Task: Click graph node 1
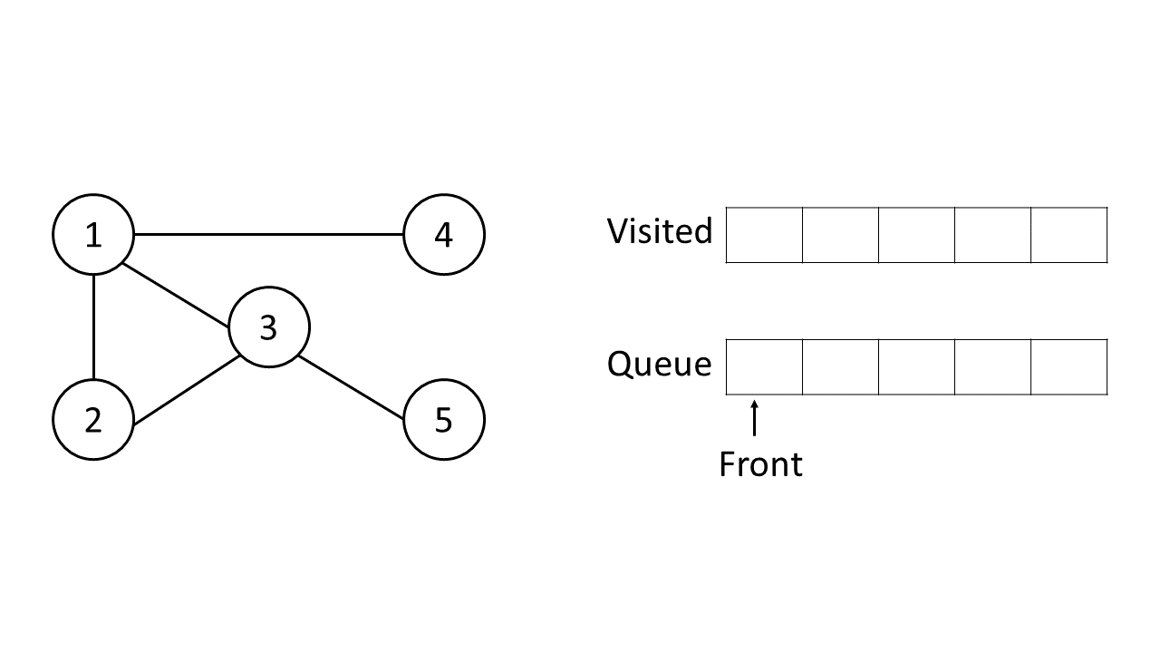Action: tap(93, 235)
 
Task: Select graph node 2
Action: tap(93, 420)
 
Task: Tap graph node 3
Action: tap(268, 327)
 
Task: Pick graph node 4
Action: tap(443, 235)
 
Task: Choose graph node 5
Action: tap(443, 420)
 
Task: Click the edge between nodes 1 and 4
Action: tap(268, 235)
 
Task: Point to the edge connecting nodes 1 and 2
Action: tap(93, 327)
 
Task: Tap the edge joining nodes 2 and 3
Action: tap(186, 391)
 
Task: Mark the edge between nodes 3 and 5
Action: tap(351, 387)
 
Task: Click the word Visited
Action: tap(659, 231)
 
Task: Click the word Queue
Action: tap(659, 365)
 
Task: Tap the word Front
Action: tap(760, 464)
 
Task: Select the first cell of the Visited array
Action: tap(764, 235)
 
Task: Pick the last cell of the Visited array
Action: tap(1069, 235)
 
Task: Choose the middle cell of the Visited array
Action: tap(916, 235)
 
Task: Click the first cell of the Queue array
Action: tap(764, 367)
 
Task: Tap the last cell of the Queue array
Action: tap(1069, 367)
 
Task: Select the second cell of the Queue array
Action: tap(840, 367)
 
